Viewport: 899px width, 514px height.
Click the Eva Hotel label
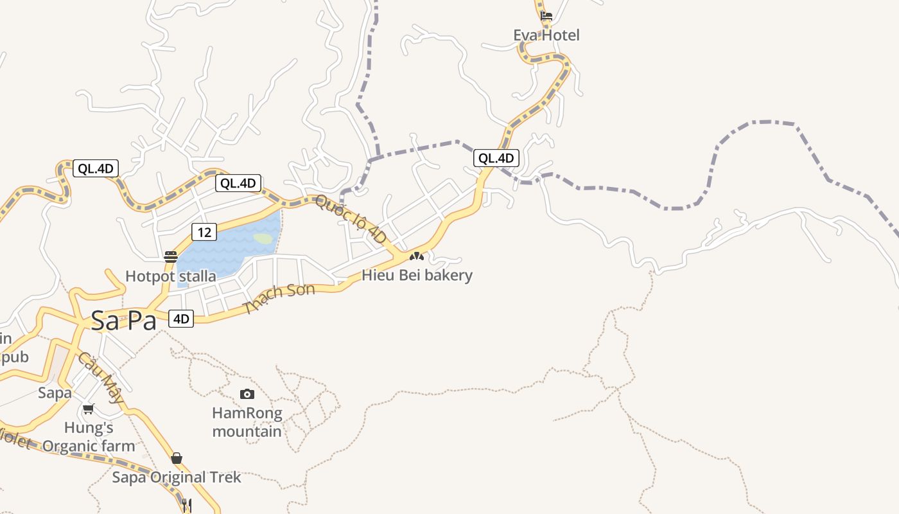[x=546, y=35]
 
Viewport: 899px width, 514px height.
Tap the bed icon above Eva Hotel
[x=546, y=15]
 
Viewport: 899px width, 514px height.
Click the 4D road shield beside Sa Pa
[x=181, y=319]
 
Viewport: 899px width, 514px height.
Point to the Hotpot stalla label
[x=171, y=276]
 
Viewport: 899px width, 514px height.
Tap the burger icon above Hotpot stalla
[x=171, y=257]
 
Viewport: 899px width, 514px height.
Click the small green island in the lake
[x=262, y=238]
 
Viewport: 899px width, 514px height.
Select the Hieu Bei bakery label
[x=417, y=276]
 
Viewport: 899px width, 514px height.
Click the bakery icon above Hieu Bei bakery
[x=417, y=256]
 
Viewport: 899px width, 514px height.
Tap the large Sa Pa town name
[x=124, y=321]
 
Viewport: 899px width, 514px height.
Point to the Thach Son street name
[x=280, y=298]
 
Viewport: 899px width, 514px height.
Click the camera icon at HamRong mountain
[x=247, y=394]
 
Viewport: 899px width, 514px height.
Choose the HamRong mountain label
[x=247, y=422]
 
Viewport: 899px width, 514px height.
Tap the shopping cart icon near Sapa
[x=89, y=409]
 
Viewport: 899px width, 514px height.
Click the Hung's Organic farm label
[x=89, y=437]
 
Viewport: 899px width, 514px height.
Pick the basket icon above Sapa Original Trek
[x=177, y=458]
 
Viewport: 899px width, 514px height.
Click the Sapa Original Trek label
[x=177, y=477]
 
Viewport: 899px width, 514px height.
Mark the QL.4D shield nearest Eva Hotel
[x=496, y=158]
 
